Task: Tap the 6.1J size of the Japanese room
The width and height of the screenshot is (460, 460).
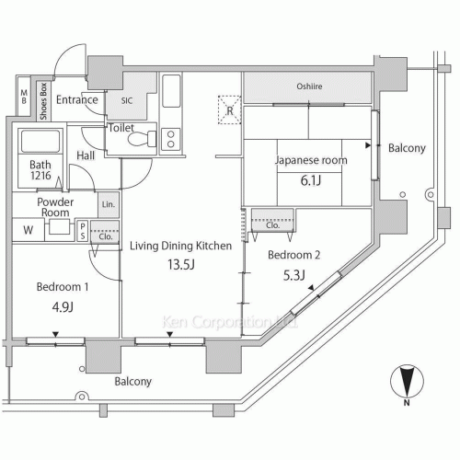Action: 309,181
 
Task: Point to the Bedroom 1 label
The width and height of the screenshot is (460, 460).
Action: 63,287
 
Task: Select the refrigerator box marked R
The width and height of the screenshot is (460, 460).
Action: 227,109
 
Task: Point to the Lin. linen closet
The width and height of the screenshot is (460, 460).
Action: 109,204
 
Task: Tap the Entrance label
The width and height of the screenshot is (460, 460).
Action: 77,99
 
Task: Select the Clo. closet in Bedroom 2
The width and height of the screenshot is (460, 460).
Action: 272,221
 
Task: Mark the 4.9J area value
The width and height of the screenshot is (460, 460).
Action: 62,307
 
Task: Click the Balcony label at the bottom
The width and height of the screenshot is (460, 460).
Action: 132,380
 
